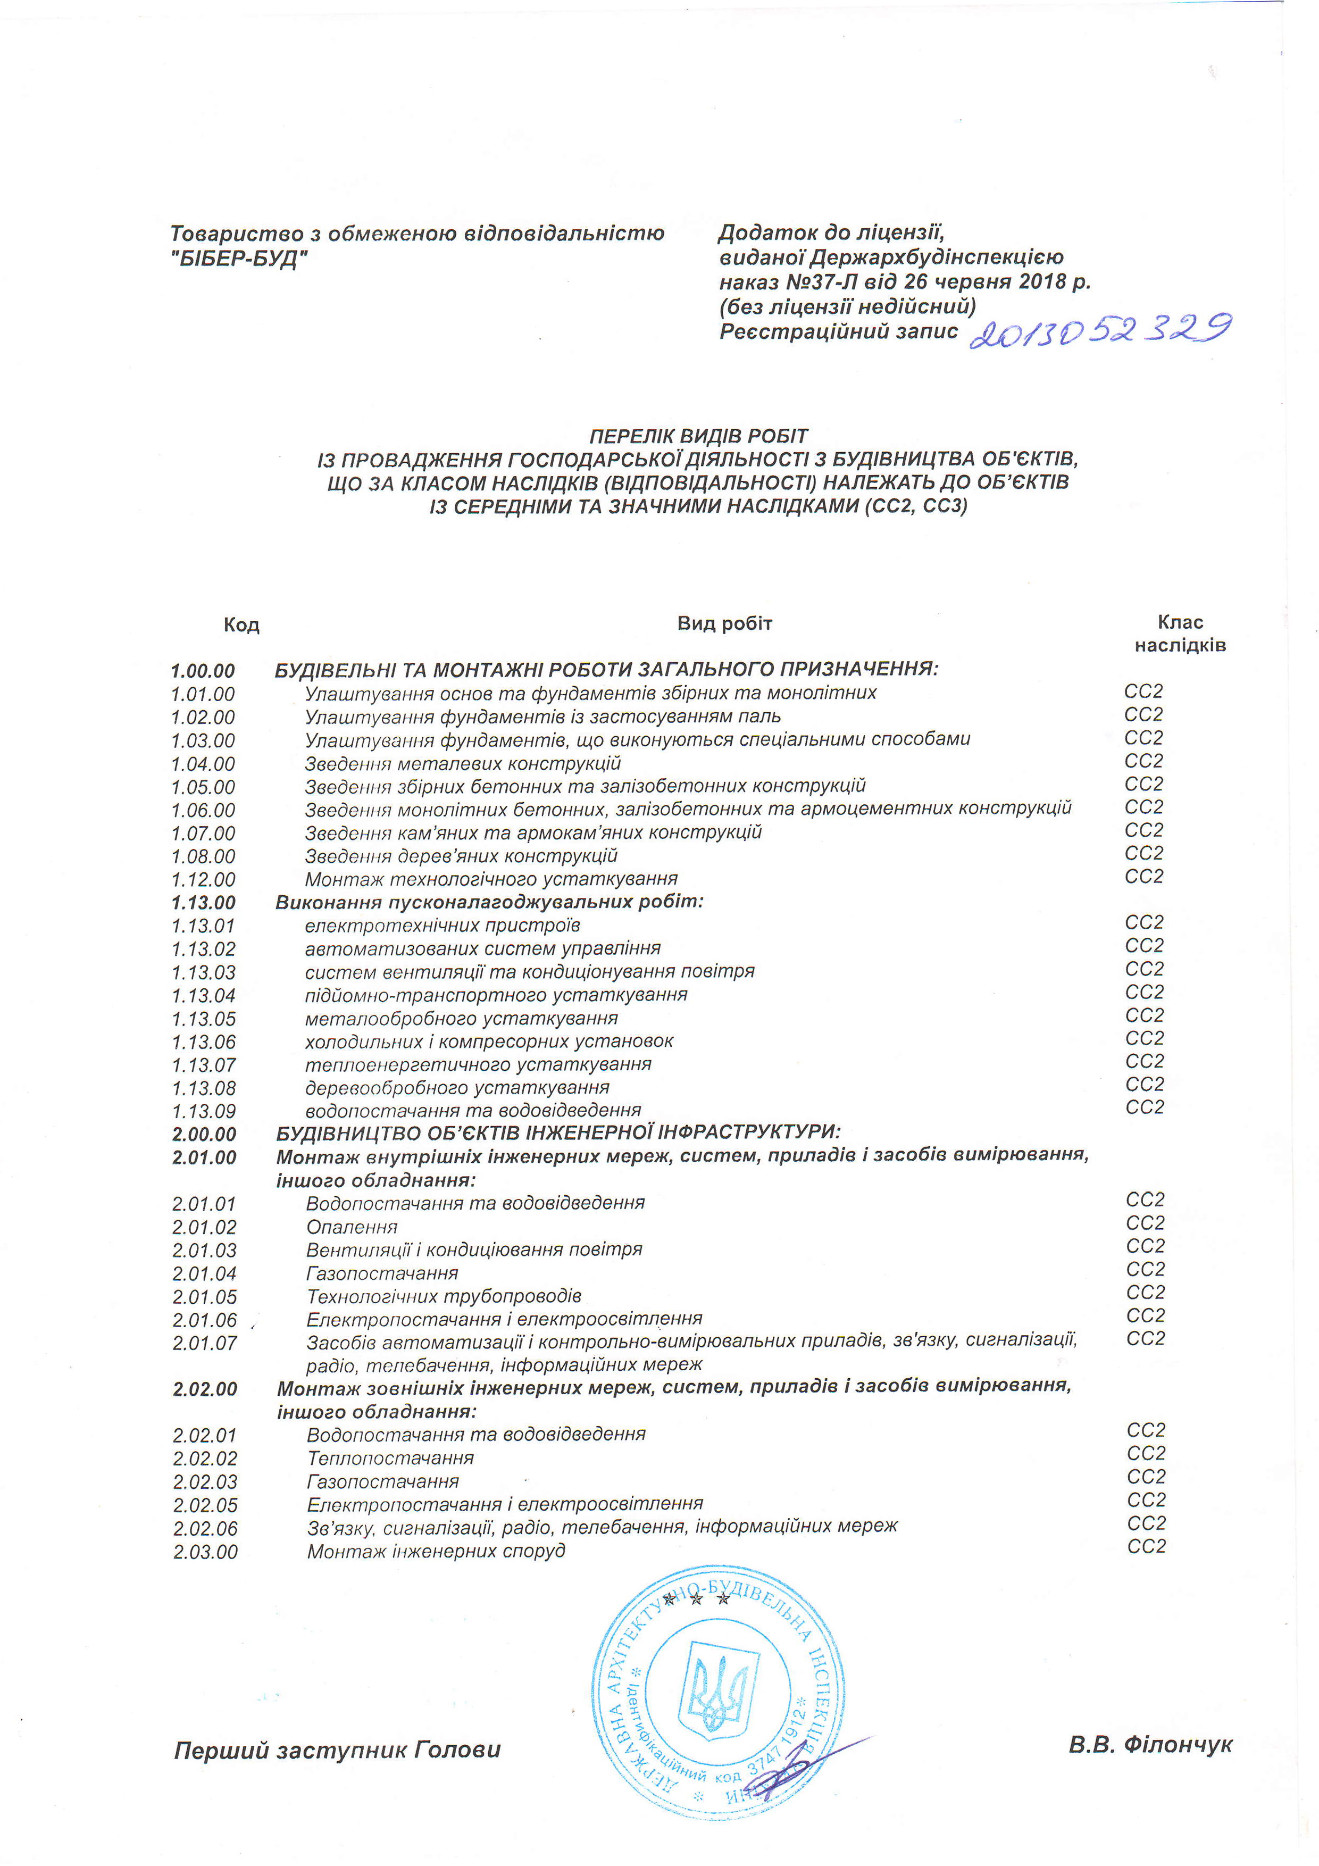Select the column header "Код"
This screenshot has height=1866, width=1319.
pyautogui.click(x=241, y=625)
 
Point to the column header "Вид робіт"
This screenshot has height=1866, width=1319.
pyautogui.click(x=724, y=623)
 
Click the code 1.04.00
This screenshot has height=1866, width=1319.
pyautogui.click(x=203, y=764)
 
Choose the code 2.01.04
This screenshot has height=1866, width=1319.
pyautogui.click(x=204, y=1273)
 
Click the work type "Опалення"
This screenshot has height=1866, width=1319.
pyautogui.click(x=352, y=1227)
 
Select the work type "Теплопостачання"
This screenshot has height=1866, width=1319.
pyautogui.click(x=390, y=1458)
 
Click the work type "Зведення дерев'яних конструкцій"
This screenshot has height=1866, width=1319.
pyautogui.click(x=461, y=856)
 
